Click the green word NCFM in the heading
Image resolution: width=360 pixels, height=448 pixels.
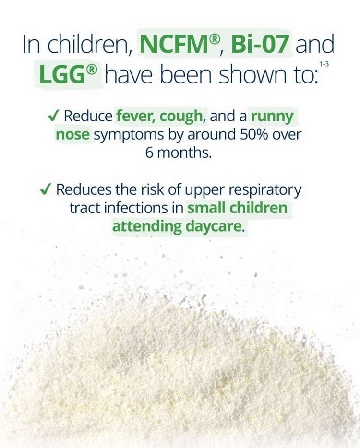pyautogui.click(x=174, y=45)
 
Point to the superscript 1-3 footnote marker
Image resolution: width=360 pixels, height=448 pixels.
pyautogui.click(x=324, y=63)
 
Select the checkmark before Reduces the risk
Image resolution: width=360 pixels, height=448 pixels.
pyautogui.click(x=46, y=189)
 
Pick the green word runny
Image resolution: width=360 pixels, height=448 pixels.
pyautogui.click(x=272, y=116)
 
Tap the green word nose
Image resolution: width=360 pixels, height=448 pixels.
pyautogui.click(x=73, y=134)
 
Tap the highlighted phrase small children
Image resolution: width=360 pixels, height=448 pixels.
pyautogui.click(x=237, y=208)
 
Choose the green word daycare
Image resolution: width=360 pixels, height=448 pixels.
pyautogui.click(x=215, y=226)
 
